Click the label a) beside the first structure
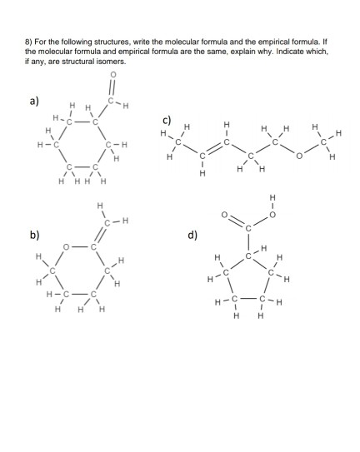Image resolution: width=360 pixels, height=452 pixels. pos(33,102)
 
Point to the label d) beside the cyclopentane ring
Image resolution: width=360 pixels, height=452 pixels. pos(192,235)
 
